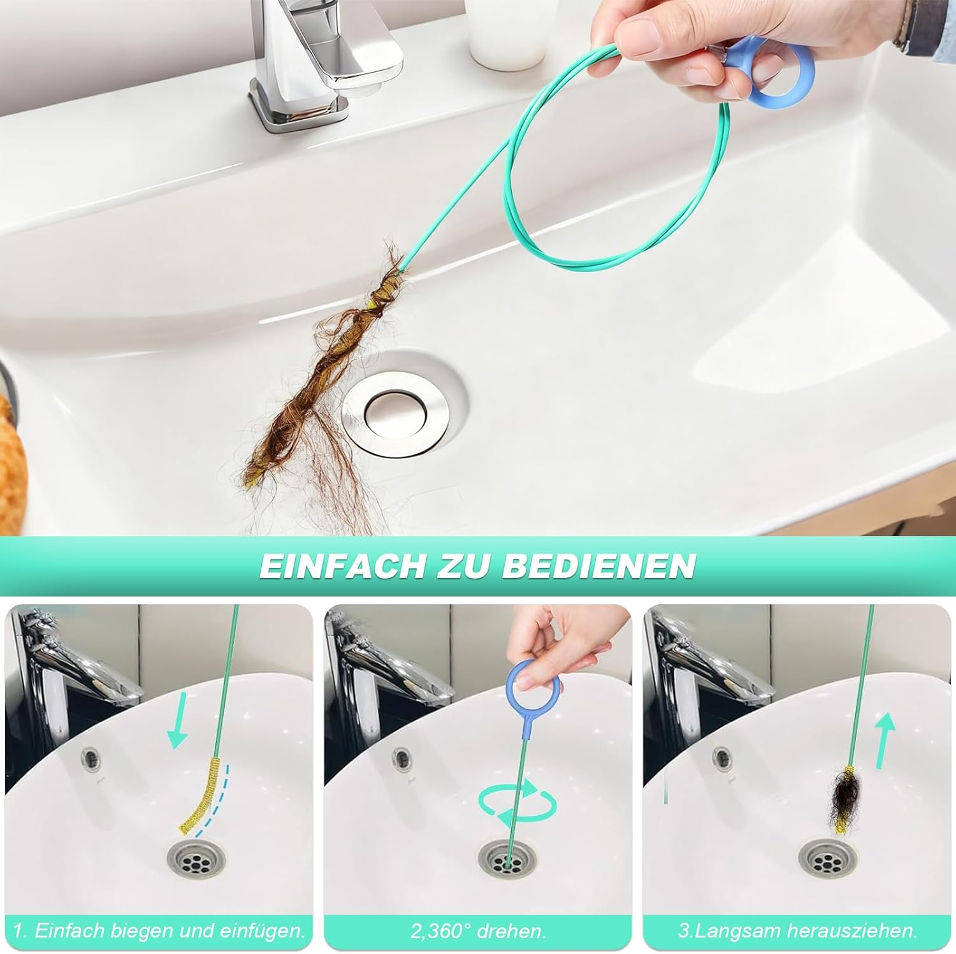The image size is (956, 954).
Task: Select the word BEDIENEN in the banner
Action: pos(598,566)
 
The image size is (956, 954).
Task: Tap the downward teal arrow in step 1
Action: pos(177,726)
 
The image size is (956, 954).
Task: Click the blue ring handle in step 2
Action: pos(534,685)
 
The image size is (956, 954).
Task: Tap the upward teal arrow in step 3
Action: pos(884,739)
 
